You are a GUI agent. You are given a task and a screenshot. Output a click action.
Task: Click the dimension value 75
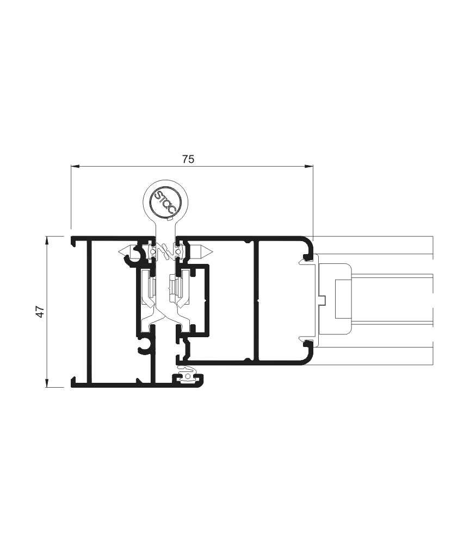188,159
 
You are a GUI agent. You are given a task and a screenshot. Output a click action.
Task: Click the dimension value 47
41,311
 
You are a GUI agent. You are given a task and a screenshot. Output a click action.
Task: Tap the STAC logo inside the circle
166,202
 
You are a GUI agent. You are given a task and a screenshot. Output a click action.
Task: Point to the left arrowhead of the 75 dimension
75,167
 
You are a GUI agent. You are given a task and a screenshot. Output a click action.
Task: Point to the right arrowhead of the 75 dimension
309,167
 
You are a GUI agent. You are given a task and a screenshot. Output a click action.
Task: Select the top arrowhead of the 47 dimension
46,241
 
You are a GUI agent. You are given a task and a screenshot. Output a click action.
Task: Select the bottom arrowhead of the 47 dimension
46,383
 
